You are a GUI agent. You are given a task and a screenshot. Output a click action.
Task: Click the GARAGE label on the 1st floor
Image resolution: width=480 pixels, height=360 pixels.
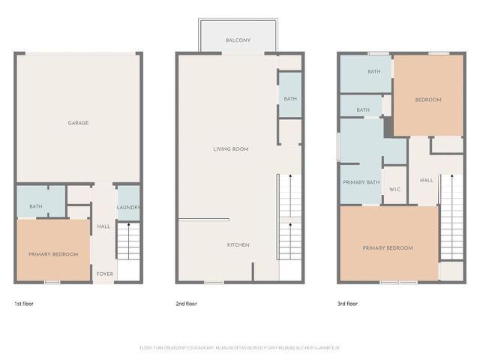[x=79, y=123]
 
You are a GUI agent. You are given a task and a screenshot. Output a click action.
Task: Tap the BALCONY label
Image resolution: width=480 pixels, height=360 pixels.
[x=238, y=40]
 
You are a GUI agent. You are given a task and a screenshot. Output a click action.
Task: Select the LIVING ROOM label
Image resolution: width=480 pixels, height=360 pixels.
[x=230, y=149]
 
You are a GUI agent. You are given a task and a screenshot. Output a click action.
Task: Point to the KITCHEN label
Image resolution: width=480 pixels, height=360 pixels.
[x=238, y=245]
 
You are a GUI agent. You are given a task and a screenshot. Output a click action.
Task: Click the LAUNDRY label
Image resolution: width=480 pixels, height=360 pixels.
[x=129, y=208]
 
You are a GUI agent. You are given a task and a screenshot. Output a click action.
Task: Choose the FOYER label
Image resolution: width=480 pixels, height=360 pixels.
[x=105, y=274]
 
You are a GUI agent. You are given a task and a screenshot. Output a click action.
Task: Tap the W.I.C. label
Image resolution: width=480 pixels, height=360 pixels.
[x=394, y=189]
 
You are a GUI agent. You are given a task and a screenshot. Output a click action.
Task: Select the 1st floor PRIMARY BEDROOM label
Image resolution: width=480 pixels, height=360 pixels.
[x=53, y=254]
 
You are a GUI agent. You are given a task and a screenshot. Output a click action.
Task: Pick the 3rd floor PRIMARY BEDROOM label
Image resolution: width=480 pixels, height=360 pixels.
[x=388, y=248]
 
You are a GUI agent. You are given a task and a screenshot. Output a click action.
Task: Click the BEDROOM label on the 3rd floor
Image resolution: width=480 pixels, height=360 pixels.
[x=428, y=100]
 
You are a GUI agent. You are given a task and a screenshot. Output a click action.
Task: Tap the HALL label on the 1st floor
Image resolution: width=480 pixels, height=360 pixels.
[x=103, y=226]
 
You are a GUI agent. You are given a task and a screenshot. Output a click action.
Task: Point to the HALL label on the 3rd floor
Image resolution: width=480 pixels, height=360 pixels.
[x=426, y=180]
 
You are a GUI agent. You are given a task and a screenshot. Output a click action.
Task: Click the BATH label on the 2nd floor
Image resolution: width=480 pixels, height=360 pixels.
[x=289, y=99]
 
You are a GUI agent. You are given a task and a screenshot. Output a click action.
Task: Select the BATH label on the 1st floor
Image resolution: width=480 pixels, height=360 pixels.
[x=35, y=206]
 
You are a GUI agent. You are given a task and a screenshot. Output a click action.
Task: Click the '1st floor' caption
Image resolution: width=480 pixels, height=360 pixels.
[x=23, y=304]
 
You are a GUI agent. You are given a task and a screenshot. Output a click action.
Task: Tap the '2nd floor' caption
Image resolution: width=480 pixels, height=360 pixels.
[x=186, y=304]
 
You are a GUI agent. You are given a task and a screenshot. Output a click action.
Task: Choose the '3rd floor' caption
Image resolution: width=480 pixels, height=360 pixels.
[x=347, y=304]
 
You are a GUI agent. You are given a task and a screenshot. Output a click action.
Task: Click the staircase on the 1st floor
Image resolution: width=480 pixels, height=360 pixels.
[x=129, y=242]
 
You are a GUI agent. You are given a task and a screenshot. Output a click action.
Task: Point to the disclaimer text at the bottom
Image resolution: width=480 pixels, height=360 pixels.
[x=240, y=348]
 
